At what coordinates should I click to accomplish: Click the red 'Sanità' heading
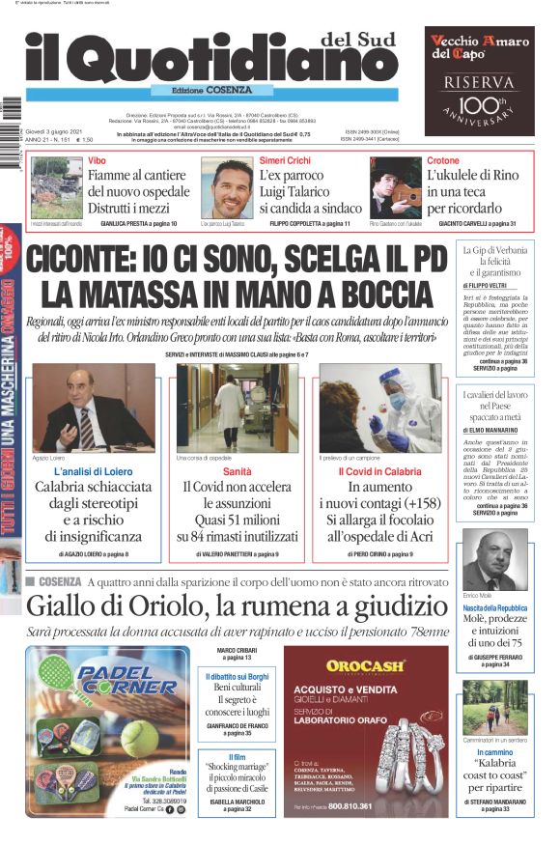point(238,471)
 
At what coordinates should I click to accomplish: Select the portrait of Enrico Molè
point(495,559)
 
